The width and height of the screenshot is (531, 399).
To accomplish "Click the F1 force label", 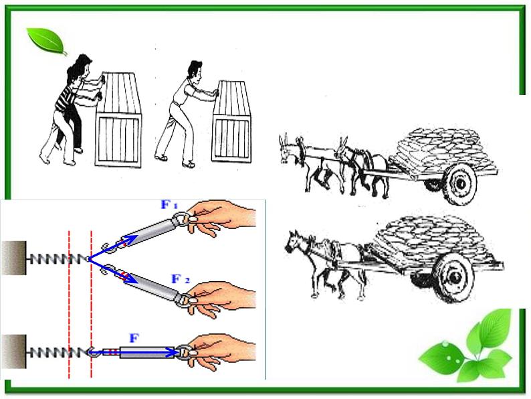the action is pos(169,204).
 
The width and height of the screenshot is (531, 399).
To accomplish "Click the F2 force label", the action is pos(181,279).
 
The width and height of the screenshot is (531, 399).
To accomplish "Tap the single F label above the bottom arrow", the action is pos(134,338).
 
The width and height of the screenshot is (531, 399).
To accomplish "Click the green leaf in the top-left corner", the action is pos(47,42).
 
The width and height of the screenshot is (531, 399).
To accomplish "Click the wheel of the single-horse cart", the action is pos(453,277).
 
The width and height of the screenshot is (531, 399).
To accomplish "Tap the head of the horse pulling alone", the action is pos(294,242).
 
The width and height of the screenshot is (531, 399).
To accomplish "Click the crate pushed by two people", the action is pos(118,119).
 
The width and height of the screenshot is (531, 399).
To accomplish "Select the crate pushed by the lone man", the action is pos(232,121).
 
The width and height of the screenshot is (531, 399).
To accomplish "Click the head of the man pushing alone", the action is pos(195,70).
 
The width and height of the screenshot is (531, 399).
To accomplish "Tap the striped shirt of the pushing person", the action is pos(66,98).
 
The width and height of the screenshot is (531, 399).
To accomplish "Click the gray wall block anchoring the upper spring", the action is pos(13,258).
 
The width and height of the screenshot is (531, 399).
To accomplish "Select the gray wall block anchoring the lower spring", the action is pos(13,351).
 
